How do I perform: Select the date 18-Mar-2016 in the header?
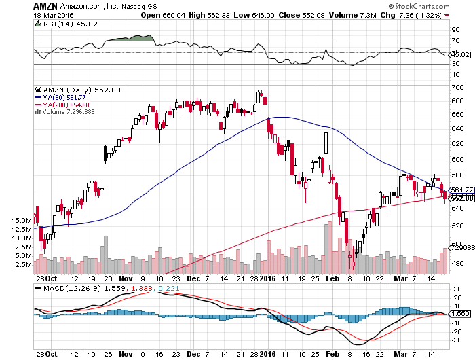(x=48, y=14)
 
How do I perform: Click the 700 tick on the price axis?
(x=459, y=88)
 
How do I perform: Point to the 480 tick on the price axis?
(x=459, y=263)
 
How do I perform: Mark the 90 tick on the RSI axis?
(x=456, y=29)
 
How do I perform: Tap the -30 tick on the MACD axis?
(x=458, y=340)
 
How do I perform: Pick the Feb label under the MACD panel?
(x=332, y=354)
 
